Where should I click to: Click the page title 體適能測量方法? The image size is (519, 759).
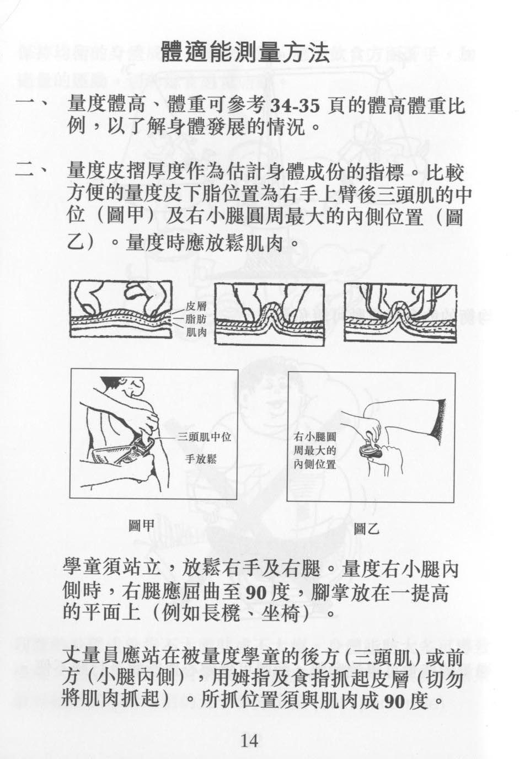click(x=245, y=53)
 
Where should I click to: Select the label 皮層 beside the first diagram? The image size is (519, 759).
click(x=196, y=307)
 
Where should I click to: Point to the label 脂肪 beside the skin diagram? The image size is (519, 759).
click(x=196, y=319)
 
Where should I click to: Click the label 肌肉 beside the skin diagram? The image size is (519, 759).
click(x=196, y=332)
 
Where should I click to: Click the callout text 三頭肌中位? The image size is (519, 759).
click(x=204, y=437)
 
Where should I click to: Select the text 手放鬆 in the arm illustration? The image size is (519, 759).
click(x=201, y=459)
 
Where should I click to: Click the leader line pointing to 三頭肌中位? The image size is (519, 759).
click(x=165, y=438)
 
